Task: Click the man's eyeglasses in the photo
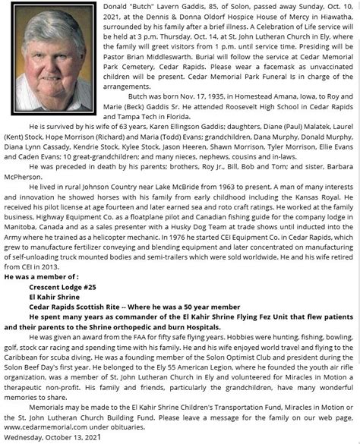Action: (43, 46)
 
